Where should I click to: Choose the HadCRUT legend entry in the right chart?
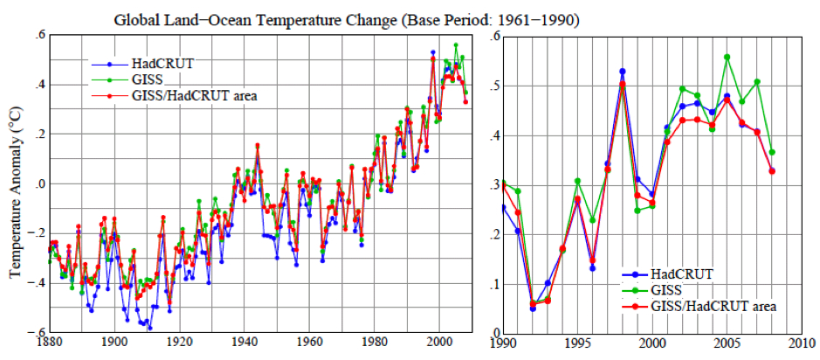pyautogui.click(x=691, y=273)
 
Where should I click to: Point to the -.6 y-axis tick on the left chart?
pyautogui.click(x=38, y=333)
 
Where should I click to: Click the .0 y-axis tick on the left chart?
pyautogui.click(x=38, y=184)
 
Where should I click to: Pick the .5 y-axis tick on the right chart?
pyautogui.click(x=494, y=86)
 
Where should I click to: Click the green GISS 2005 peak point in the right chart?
pyautogui.click(x=727, y=57)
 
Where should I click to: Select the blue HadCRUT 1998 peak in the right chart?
pyautogui.click(x=623, y=72)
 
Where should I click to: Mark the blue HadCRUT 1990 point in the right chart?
pyautogui.click(x=504, y=206)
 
